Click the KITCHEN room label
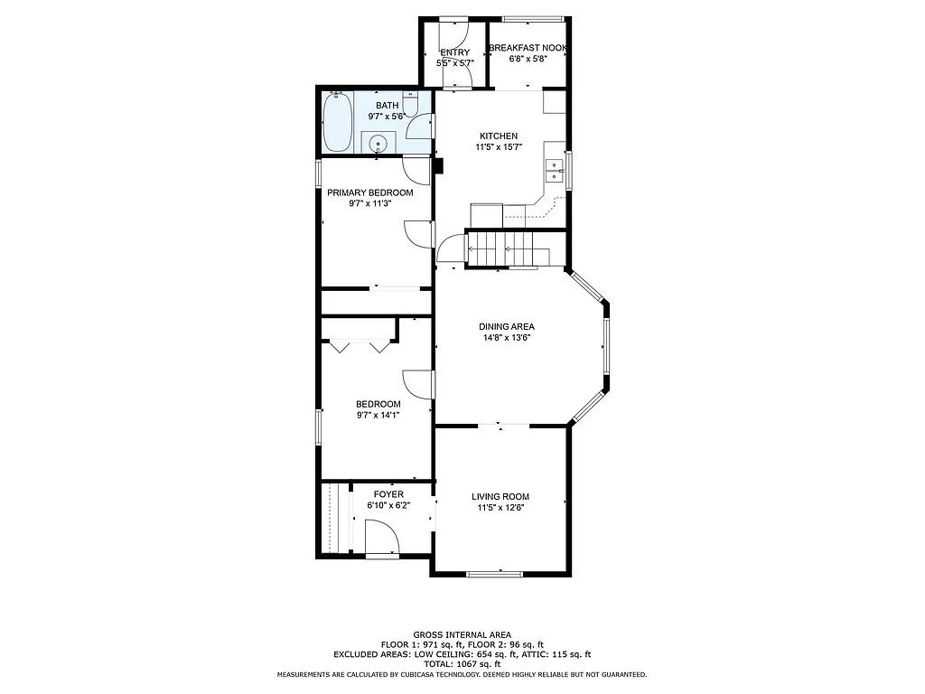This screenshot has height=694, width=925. pyautogui.click(x=499, y=136)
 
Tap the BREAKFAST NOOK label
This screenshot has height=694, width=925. pyautogui.click(x=528, y=47)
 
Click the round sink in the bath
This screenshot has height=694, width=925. pyautogui.click(x=378, y=143)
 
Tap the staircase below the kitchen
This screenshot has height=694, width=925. pyautogui.click(x=502, y=249)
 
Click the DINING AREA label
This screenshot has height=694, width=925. pyautogui.click(x=507, y=327)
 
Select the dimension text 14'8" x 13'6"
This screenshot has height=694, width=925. pyautogui.click(x=507, y=338)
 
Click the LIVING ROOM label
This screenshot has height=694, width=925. pyautogui.click(x=500, y=496)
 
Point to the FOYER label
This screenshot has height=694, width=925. pyautogui.click(x=388, y=494)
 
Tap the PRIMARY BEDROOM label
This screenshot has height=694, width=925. pyautogui.click(x=370, y=192)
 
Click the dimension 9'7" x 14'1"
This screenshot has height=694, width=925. pyautogui.click(x=378, y=415)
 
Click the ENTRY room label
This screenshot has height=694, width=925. pyautogui.click(x=455, y=52)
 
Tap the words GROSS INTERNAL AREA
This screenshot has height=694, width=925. pyautogui.click(x=462, y=635)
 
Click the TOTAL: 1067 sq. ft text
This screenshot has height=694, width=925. pyautogui.click(x=462, y=664)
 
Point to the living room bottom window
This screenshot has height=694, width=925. pyautogui.click(x=494, y=574)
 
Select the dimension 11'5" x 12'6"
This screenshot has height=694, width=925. pyautogui.click(x=500, y=508)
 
